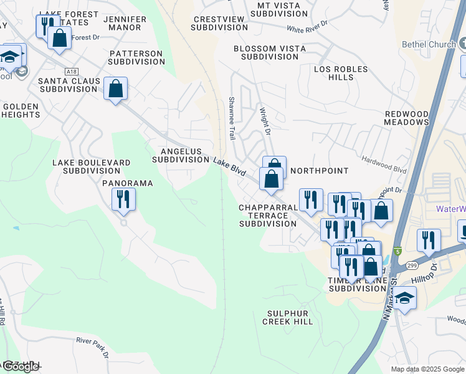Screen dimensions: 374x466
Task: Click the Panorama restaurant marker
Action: [123, 199]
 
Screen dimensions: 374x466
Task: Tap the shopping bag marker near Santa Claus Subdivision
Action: [116, 89]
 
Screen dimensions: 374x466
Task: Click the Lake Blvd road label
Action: [229, 166]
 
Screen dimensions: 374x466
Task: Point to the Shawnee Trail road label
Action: [232, 118]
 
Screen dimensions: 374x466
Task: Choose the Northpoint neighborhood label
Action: [319, 170]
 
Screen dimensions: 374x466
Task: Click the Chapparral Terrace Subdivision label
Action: [268, 215]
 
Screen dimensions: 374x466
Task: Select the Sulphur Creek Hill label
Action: [287, 317]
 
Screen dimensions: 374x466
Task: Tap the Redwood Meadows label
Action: [407, 118]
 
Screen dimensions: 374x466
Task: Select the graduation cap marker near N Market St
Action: [404, 298]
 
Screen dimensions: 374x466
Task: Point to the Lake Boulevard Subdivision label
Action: [92, 166]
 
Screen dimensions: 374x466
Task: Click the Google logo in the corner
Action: [21, 367]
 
